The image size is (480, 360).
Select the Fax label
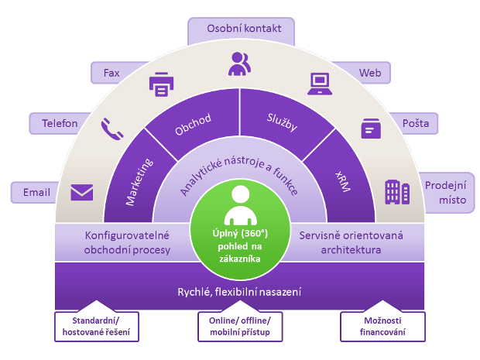(x=111, y=73)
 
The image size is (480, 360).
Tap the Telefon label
(x=60, y=123)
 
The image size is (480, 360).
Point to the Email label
(x=36, y=192)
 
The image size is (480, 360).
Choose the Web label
(x=370, y=73)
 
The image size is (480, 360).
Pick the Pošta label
(x=415, y=123)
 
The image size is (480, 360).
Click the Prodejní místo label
(x=446, y=193)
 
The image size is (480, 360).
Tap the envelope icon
(x=82, y=192)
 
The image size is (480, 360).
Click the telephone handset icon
(x=112, y=129)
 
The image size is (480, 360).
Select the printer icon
(x=161, y=84)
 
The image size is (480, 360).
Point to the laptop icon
(x=320, y=84)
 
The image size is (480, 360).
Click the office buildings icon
(x=397, y=192)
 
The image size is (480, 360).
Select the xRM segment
(x=342, y=181)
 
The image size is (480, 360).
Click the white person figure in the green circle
(x=240, y=205)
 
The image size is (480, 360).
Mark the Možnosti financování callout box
(x=382, y=327)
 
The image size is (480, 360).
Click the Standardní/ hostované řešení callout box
(x=97, y=327)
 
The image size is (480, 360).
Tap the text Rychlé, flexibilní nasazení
(x=239, y=292)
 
